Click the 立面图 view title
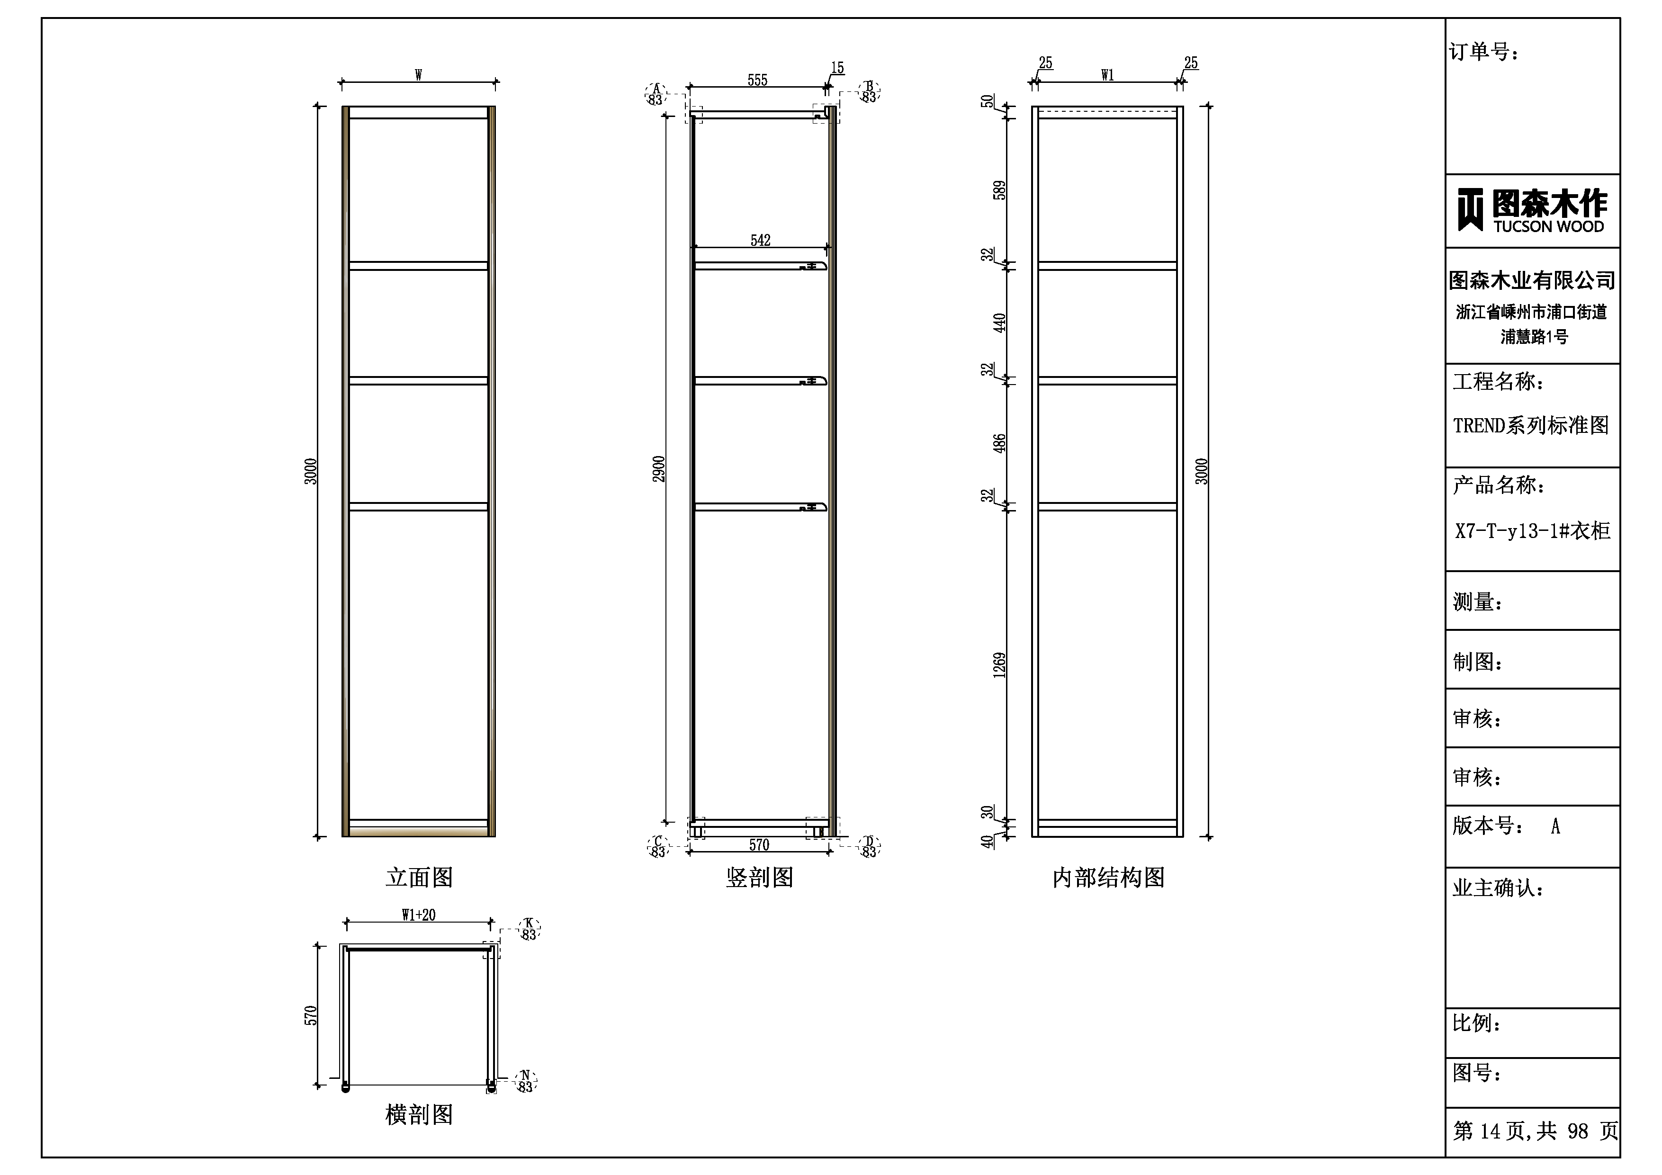(419, 878)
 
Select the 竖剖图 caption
(759, 878)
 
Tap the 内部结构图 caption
(1108, 878)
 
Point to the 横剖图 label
(419, 1114)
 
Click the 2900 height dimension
(659, 469)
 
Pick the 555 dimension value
(757, 80)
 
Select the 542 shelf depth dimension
(760, 240)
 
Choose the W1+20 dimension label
(418, 915)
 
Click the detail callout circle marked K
(529, 929)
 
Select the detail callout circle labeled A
(656, 94)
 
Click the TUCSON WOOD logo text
(1548, 226)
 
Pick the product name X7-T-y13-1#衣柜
(1532, 531)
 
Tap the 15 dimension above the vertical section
(837, 67)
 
